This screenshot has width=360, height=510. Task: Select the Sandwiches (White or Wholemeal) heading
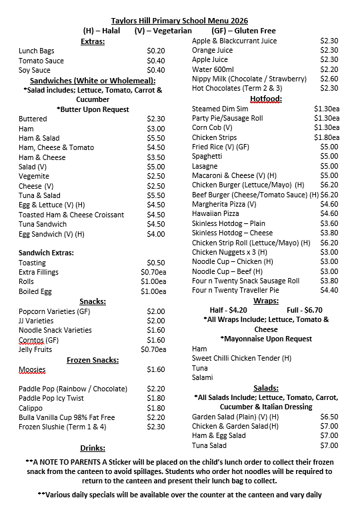pos(97,80)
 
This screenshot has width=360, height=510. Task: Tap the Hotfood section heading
pos(266,98)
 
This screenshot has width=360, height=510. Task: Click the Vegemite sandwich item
pos(34,176)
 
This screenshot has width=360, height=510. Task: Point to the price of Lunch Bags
pos(155,51)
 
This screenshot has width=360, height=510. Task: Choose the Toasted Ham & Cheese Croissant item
pos(71,215)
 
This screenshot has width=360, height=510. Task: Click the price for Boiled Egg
pos(153,291)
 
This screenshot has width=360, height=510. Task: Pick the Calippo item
pos(31,408)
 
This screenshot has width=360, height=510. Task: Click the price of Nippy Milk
pos(329,79)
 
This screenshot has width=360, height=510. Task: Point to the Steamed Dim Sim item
pos(220,108)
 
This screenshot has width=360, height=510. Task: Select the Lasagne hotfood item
pos(205,166)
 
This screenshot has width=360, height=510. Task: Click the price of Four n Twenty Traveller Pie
pos(329,290)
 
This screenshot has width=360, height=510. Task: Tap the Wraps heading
pos(266,300)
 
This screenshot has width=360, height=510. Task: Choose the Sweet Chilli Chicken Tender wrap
pos(241,358)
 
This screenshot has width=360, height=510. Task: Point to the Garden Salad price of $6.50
pos(329,417)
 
